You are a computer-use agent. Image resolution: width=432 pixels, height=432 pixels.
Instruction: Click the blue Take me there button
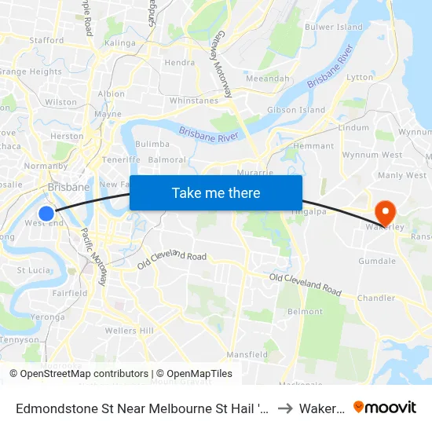coord(216,192)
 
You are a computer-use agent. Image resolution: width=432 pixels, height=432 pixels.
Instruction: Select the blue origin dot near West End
coord(46,213)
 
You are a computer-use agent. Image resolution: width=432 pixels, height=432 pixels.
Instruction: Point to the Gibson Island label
coord(296,110)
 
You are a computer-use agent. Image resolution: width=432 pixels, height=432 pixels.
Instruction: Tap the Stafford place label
coord(46,40)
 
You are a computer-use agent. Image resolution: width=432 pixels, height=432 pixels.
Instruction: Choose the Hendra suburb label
coord(180,62)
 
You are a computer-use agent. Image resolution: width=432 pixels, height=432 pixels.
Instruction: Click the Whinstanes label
coord(194,101)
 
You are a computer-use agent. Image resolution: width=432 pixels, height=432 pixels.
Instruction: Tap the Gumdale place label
coord(377,261)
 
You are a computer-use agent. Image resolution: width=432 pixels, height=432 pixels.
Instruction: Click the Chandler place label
coord(376,298)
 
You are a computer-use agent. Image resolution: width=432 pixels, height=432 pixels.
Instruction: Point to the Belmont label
coord(305,312)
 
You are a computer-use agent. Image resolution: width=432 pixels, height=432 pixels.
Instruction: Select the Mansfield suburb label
coord(247,354)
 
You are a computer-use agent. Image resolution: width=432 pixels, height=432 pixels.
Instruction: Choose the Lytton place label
coord(360,77)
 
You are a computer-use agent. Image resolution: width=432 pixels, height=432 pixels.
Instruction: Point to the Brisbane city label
coord(68,188)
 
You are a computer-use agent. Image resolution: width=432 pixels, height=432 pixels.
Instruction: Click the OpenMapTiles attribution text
coord(194,374)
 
